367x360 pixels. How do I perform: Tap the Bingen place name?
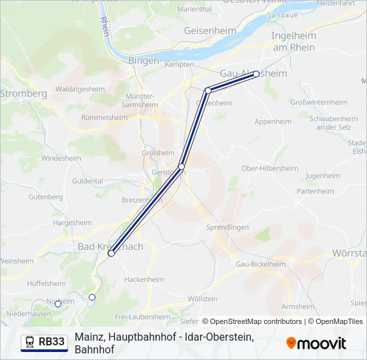click(144, 61)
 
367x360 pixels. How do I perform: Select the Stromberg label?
click(23, 94)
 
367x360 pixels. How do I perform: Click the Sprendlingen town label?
click(228, 227)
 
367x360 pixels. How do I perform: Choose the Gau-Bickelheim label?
click(261, 264)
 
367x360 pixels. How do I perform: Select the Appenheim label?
click(273, 122)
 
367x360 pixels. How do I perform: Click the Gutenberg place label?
click(45, 197)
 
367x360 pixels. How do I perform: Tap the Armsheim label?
click(298, 307)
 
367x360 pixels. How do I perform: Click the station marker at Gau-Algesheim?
click(256, 75)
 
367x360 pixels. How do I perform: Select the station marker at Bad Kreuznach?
click(111, 253)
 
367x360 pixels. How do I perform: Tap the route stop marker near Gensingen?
click(181, 166)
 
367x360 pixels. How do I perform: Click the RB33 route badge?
click(45, 342)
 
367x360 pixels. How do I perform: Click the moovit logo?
click(316, 343)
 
